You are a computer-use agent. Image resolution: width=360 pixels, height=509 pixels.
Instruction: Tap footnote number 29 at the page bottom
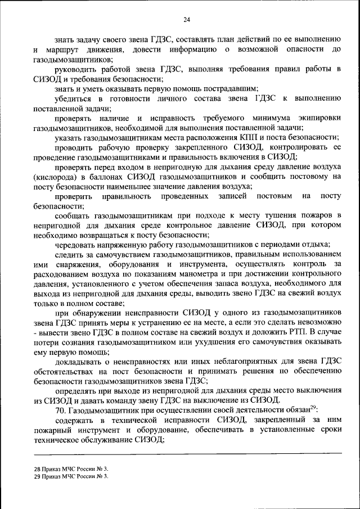click(38, 476)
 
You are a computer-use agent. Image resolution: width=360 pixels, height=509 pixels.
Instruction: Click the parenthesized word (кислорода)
click(57, 176)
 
